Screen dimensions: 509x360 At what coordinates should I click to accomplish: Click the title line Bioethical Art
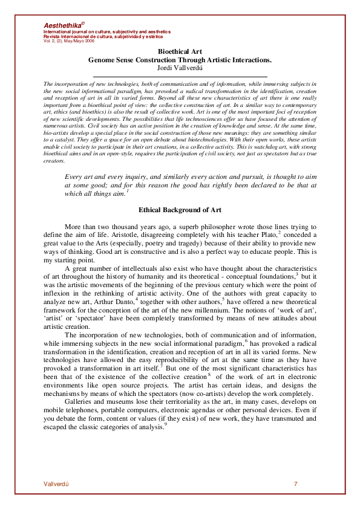180,53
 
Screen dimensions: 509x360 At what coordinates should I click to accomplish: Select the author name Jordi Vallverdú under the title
180,68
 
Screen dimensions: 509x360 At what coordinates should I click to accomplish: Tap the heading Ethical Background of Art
180,210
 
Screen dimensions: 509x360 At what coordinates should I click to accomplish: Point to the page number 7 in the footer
295,484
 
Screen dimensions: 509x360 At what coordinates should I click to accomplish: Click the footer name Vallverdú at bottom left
56,484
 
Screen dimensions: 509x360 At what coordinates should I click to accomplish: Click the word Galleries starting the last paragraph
80,401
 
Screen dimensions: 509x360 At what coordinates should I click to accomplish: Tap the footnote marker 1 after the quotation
128,191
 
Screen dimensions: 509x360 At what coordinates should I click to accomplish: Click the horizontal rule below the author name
180,76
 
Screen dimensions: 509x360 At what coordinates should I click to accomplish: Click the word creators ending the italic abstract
54,161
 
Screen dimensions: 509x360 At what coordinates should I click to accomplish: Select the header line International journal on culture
107,31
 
